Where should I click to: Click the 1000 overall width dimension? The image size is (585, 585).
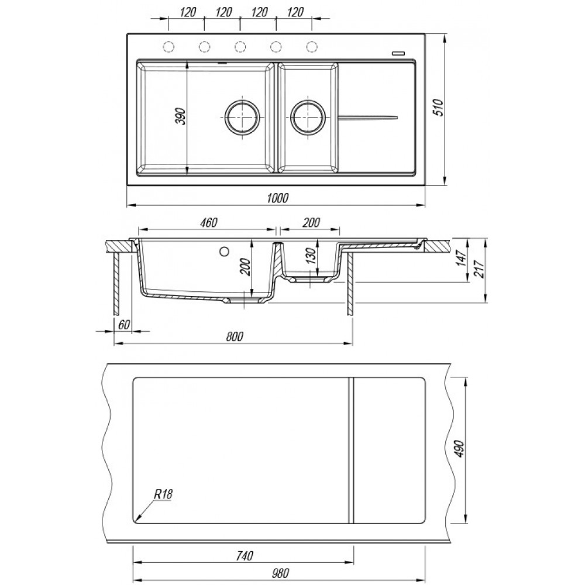coord(278,198)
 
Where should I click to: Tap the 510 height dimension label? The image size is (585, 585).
coord(439,108)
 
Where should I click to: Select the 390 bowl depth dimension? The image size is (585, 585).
coord(180,116)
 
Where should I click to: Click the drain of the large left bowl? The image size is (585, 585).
coord(243,117)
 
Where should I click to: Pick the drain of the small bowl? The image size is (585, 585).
coord(308,117)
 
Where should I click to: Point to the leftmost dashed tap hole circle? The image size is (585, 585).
coord(168,47)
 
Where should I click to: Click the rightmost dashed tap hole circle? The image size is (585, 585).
coord(312,47)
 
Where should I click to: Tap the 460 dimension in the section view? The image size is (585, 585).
coord(209,222)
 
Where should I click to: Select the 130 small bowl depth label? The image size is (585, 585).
coord(312,256)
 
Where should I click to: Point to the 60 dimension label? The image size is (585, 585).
coord(123,325)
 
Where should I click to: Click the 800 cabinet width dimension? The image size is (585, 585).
coord(235,336)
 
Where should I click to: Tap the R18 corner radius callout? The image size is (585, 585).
coord(163,495)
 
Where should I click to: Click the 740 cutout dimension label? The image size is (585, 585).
coord(245,556)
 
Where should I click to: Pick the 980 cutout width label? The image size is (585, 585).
coord(280,573)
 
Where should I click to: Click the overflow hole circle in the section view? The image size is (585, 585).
coord(224,252)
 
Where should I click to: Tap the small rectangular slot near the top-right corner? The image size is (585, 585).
coord(399,53)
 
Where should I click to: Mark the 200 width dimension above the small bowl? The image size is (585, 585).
coord(311,222)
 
